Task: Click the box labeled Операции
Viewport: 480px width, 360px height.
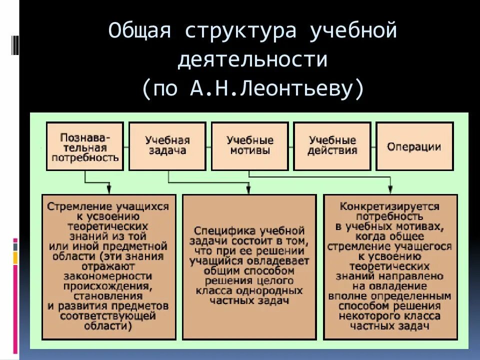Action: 414,146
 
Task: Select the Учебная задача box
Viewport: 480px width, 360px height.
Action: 167,146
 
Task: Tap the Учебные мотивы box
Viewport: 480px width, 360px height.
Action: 250,146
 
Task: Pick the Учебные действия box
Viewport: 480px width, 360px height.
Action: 332,146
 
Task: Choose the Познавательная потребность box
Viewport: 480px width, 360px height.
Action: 85,146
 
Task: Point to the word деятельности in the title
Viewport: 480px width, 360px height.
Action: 252,60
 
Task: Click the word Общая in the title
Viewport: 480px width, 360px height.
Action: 140,31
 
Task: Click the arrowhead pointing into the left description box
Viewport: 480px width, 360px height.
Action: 109,189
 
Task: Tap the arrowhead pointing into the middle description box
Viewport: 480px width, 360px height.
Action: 248,189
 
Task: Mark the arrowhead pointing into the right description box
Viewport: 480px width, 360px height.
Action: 390,189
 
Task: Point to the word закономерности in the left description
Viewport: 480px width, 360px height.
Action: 107,276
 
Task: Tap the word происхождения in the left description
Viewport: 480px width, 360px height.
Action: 107,286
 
